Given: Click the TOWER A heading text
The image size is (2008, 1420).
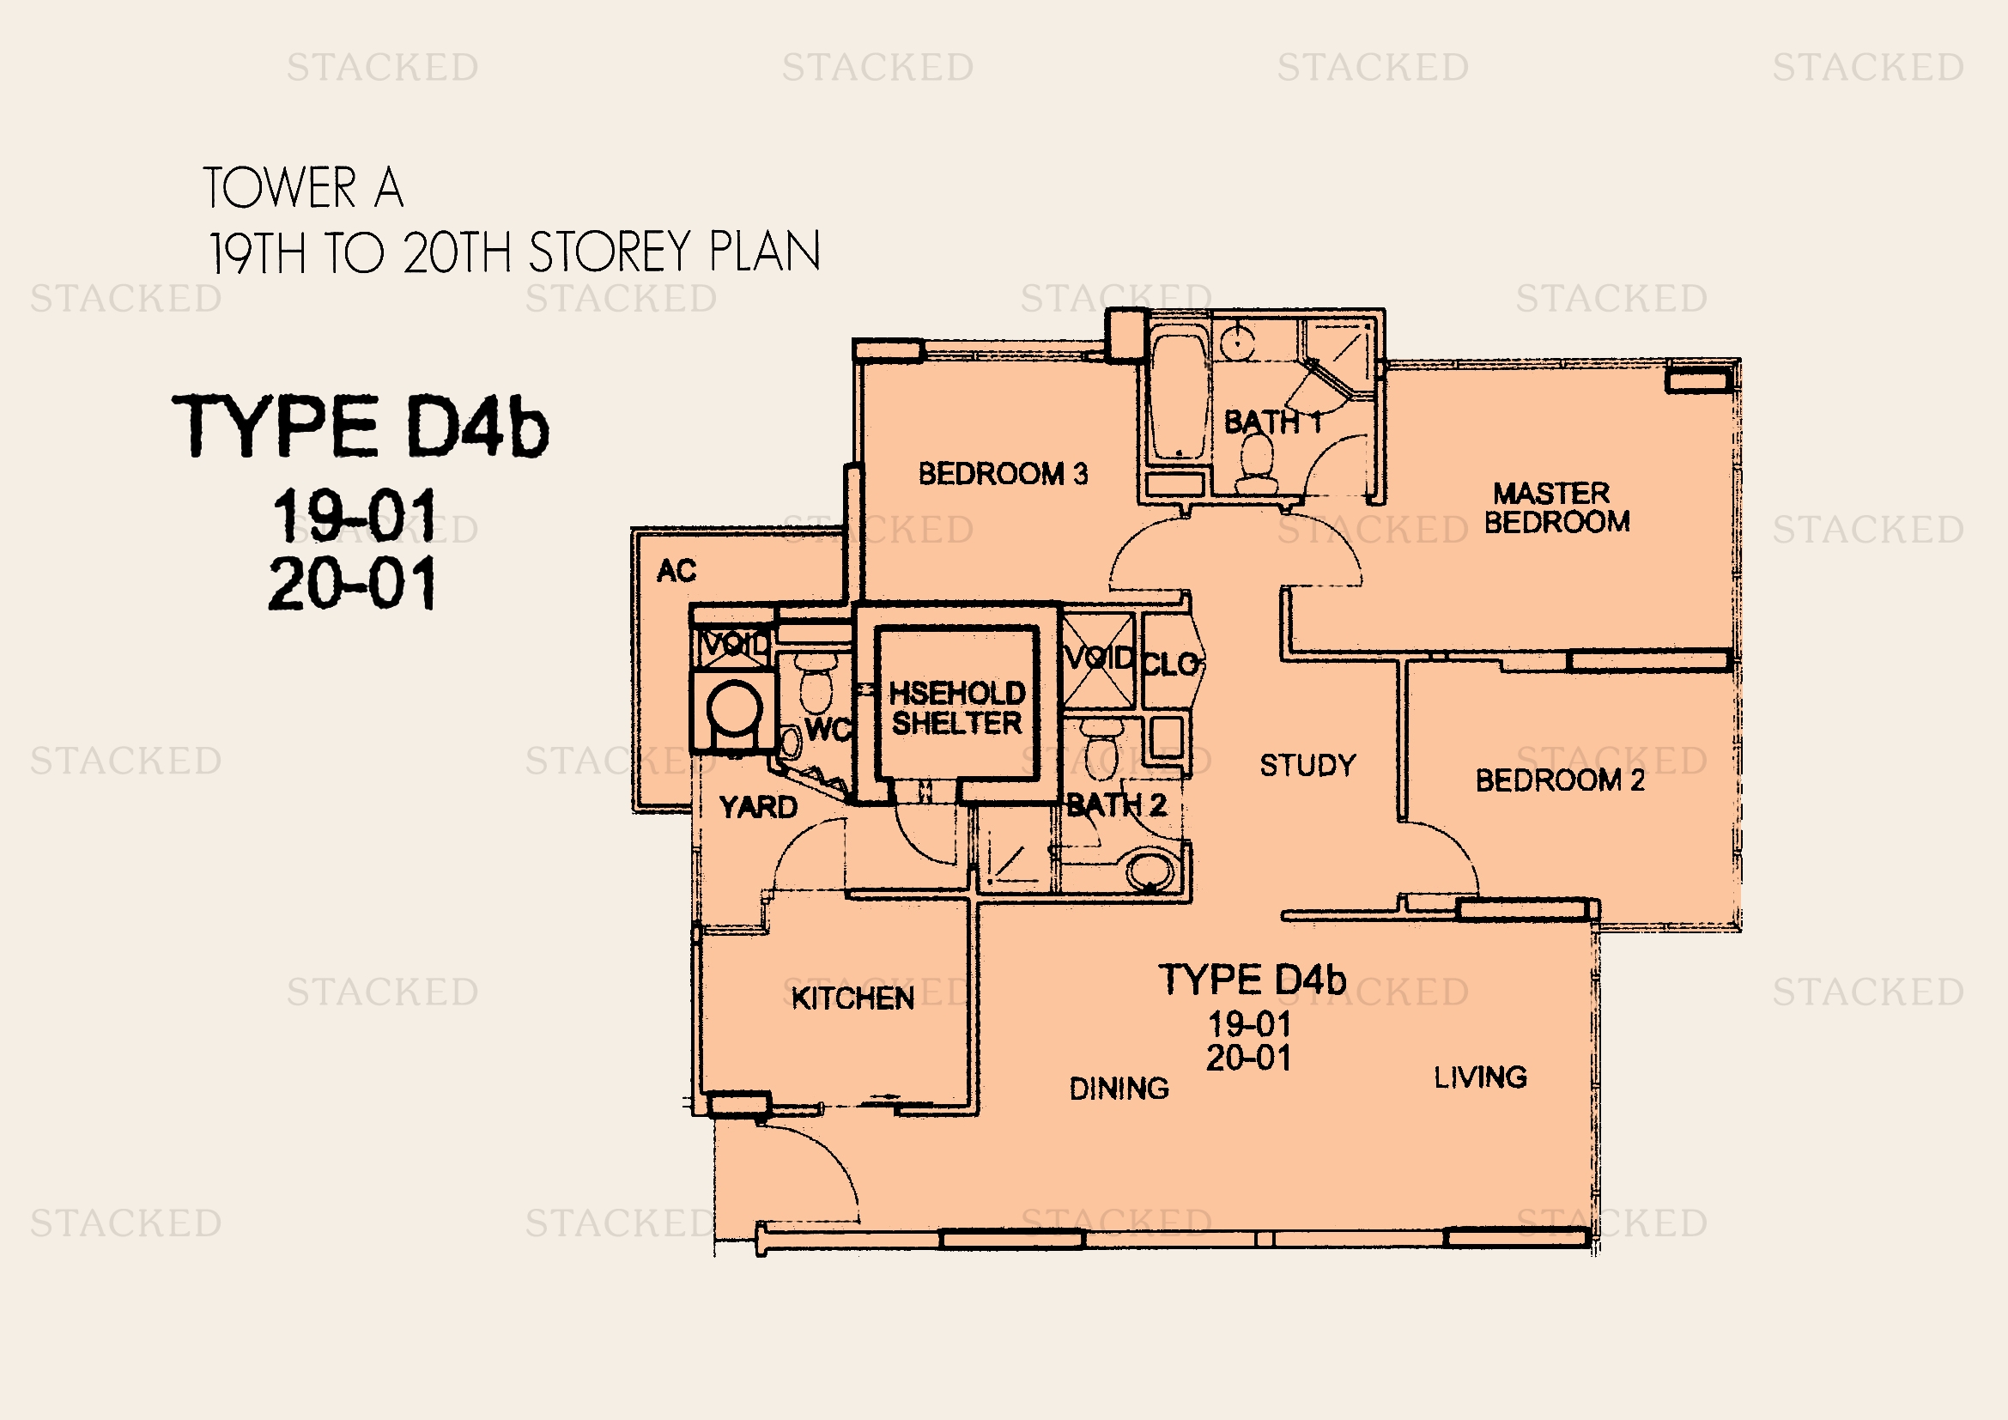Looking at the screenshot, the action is pyautogui.click(x=303, y=187).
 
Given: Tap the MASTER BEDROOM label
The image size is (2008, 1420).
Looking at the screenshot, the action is pyautogui.click(x=1556, y=507).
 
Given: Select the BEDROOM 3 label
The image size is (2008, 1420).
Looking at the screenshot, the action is pyautogui.click(x=1003, y=474).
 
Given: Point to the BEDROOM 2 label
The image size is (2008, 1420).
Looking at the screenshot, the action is pyautogui.click(x=1559, y=780).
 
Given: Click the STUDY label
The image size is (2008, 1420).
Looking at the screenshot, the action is pyautogui.click(x=1307, y=765).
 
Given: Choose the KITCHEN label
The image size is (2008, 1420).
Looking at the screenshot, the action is pyautogui.click(x=852, y=998).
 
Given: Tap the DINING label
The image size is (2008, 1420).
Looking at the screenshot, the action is pyautogui.click(x=1119, y=1088).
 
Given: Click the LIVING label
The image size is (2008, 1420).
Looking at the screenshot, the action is pyautogui.click(x=1480, y=1077).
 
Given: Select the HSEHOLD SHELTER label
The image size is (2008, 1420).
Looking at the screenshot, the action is pyautogui.click(x=956, y=707).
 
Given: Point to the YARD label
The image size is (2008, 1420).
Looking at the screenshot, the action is pyautogui.click(x=757, y=806).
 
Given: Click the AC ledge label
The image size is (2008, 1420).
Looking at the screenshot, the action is pyautogui.click(x=676, y=571).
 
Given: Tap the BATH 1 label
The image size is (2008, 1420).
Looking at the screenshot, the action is pyautogui.click(x=1272, y=422).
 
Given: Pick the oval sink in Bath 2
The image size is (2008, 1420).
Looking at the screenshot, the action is pyautogui.click(x=1150, y=871).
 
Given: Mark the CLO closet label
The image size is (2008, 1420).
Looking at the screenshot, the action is pyautogui.click(x=1170, y=664).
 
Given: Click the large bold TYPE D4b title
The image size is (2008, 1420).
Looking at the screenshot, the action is pyautogui.click(x=361, y=426).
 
